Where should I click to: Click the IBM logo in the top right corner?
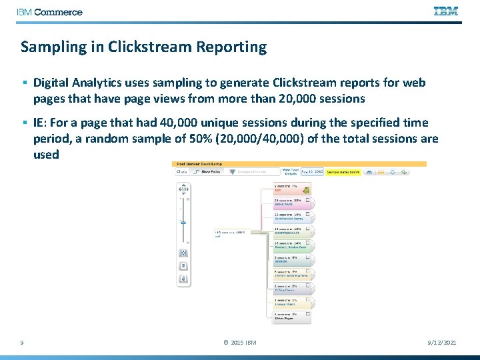pos(445,11)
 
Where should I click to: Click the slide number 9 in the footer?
pos(23,343)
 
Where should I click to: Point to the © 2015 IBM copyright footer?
pos(239,343)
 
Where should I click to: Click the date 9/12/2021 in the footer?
pos(441,343)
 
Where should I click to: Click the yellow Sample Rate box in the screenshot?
pos(343,172)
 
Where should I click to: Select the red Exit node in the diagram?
pos(292,187)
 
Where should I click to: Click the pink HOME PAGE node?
pos(292,202)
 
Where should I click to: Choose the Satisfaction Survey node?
pos(292,217)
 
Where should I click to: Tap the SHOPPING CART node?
pos(292,231)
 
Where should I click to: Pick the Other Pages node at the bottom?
pos(292,317)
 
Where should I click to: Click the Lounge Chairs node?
pos(292,303)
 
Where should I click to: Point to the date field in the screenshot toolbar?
pos(312,172)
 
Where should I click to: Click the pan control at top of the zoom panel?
pos(183,190)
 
